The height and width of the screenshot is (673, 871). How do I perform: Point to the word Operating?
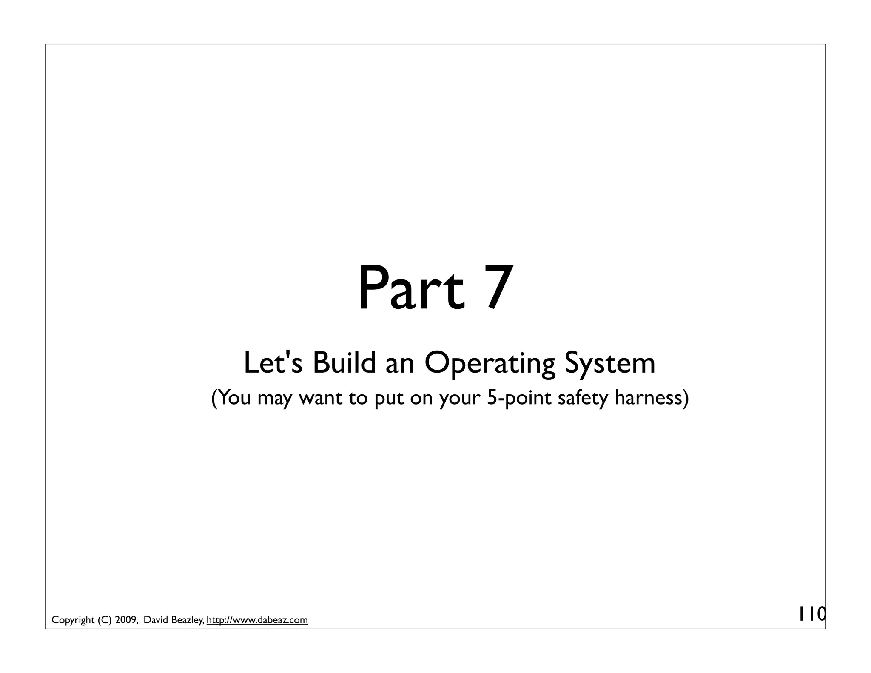[x=490, y=364]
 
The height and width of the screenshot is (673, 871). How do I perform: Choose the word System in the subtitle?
[x=610, y=364]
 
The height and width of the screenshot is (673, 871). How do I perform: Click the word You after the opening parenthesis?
[x=235, y=398]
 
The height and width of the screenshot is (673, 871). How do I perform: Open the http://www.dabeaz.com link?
[x=257, y=620]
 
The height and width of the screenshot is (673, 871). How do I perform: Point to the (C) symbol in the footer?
[x=105, y=620]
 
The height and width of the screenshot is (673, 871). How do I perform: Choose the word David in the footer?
[x=156, y=620]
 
